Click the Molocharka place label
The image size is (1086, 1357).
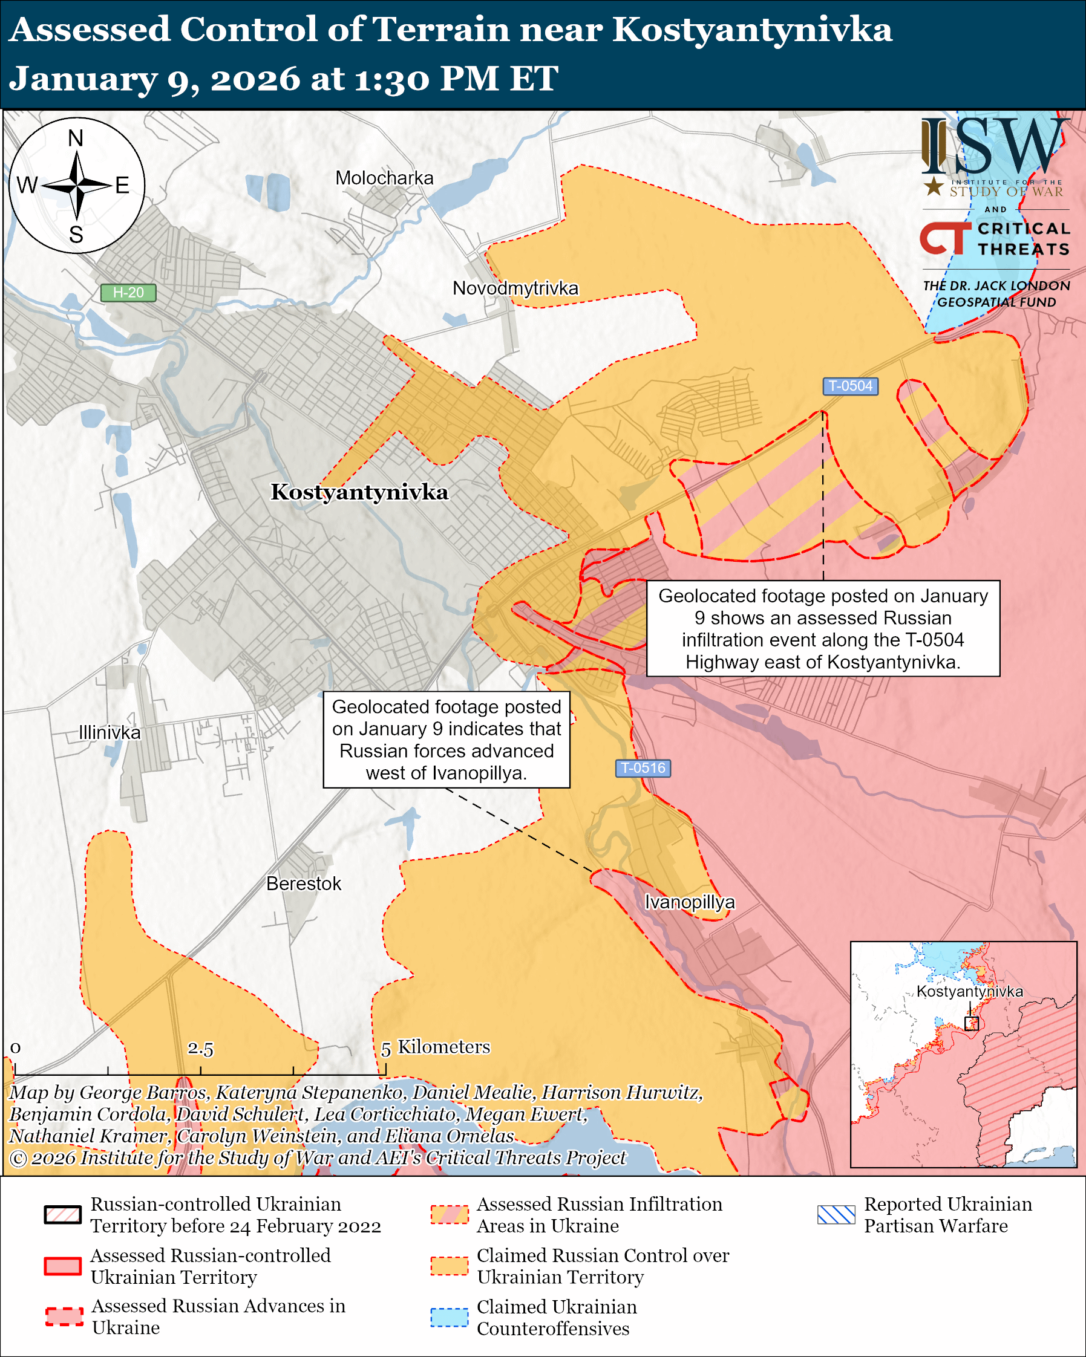pos(384,178)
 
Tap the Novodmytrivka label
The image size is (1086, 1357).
pos(515,288)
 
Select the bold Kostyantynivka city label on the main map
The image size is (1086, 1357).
pos(359,492)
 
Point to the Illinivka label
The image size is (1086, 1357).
pos(110,733)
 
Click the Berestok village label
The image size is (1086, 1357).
pos(304,884)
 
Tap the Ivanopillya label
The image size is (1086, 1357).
pos(689,902)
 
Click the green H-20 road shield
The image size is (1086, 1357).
pos(128,293)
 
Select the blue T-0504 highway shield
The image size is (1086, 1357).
pos(850,386)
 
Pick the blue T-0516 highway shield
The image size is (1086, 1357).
pos(643,768)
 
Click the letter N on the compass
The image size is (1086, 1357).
pos(76,138)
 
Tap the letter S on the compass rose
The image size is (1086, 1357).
pos(76,235)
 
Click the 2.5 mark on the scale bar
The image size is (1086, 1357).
pos(200,1049)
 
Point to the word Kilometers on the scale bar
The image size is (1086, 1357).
pos(444,1047)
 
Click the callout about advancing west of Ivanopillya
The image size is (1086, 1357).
pos(447,740)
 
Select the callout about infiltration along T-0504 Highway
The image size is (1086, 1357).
pos(823,628)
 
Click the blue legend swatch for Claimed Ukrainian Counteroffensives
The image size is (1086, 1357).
pos(450,1317)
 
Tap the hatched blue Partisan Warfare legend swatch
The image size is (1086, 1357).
pos(836,1215)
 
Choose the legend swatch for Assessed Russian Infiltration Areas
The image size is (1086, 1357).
pos(450,1215)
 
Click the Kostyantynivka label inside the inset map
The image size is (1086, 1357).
pos(969,992)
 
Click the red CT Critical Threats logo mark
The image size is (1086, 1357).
pos(944,237)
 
